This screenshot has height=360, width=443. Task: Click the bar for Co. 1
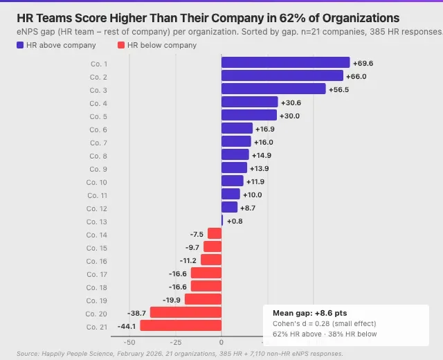[285, 63]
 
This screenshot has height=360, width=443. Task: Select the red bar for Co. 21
[181, 325]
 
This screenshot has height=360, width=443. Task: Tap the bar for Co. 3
[273, 89]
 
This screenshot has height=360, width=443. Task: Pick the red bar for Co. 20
[186, 312]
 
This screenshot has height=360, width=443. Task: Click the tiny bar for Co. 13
[222, 220]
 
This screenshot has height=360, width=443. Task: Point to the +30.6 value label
[291, 102]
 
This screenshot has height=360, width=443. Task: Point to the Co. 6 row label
[98, 129]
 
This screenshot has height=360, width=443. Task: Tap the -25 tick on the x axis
[175, 341]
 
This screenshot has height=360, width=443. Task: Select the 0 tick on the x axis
[221, 341]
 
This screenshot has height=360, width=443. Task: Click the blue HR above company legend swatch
[20, 45]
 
